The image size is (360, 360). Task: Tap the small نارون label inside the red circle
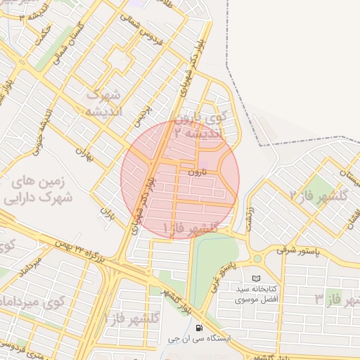click(x=197, y=171)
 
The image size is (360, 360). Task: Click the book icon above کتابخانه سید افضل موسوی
click(x=256, y=278)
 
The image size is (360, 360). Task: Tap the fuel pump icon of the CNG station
click(x=200, y=328)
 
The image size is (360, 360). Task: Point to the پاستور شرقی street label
click(x=296, y=250)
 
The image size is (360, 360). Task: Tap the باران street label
click(x=107, y=211)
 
